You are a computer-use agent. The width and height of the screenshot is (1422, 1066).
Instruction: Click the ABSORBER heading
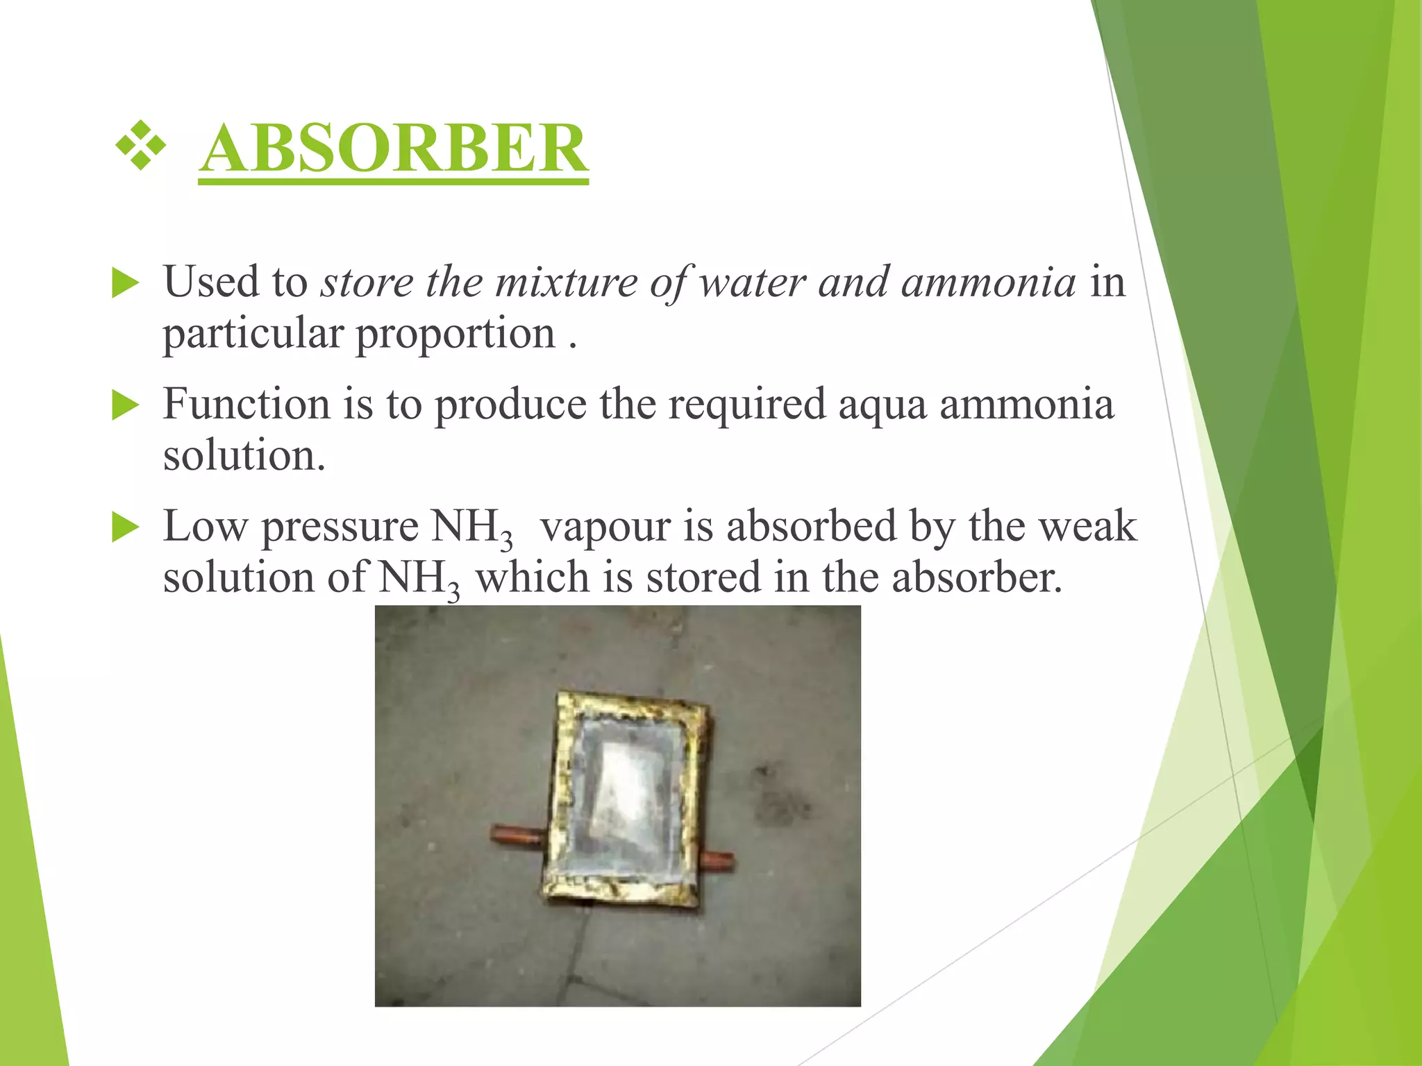click(393, 149)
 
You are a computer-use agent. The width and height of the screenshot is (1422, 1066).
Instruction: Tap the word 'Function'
click(246, 404)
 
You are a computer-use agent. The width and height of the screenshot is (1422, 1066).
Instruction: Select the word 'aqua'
click(882, 404)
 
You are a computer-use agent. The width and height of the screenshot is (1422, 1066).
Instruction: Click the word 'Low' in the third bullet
click(205, 525)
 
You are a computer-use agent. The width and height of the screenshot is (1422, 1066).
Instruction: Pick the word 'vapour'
click(605, 525)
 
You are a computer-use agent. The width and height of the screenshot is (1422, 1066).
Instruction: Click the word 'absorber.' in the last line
click(976, 577)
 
